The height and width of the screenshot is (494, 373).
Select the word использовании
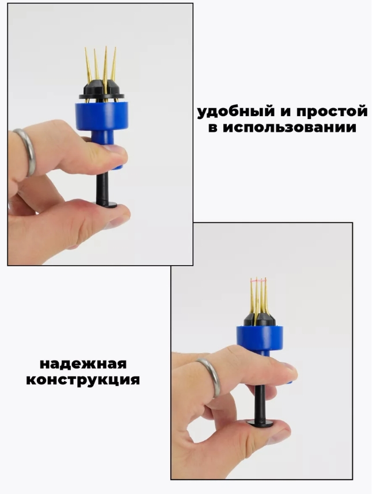pos(290,128)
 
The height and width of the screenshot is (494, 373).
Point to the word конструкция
pos(83,380)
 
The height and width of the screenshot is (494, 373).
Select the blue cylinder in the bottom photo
pos(260,336)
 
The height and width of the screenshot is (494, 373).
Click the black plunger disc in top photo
pos(106,205)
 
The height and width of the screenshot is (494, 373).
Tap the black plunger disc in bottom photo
pos(260,423)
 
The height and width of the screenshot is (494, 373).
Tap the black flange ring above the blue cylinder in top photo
pos(101,97)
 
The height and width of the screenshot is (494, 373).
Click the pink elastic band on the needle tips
pos(258,279)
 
